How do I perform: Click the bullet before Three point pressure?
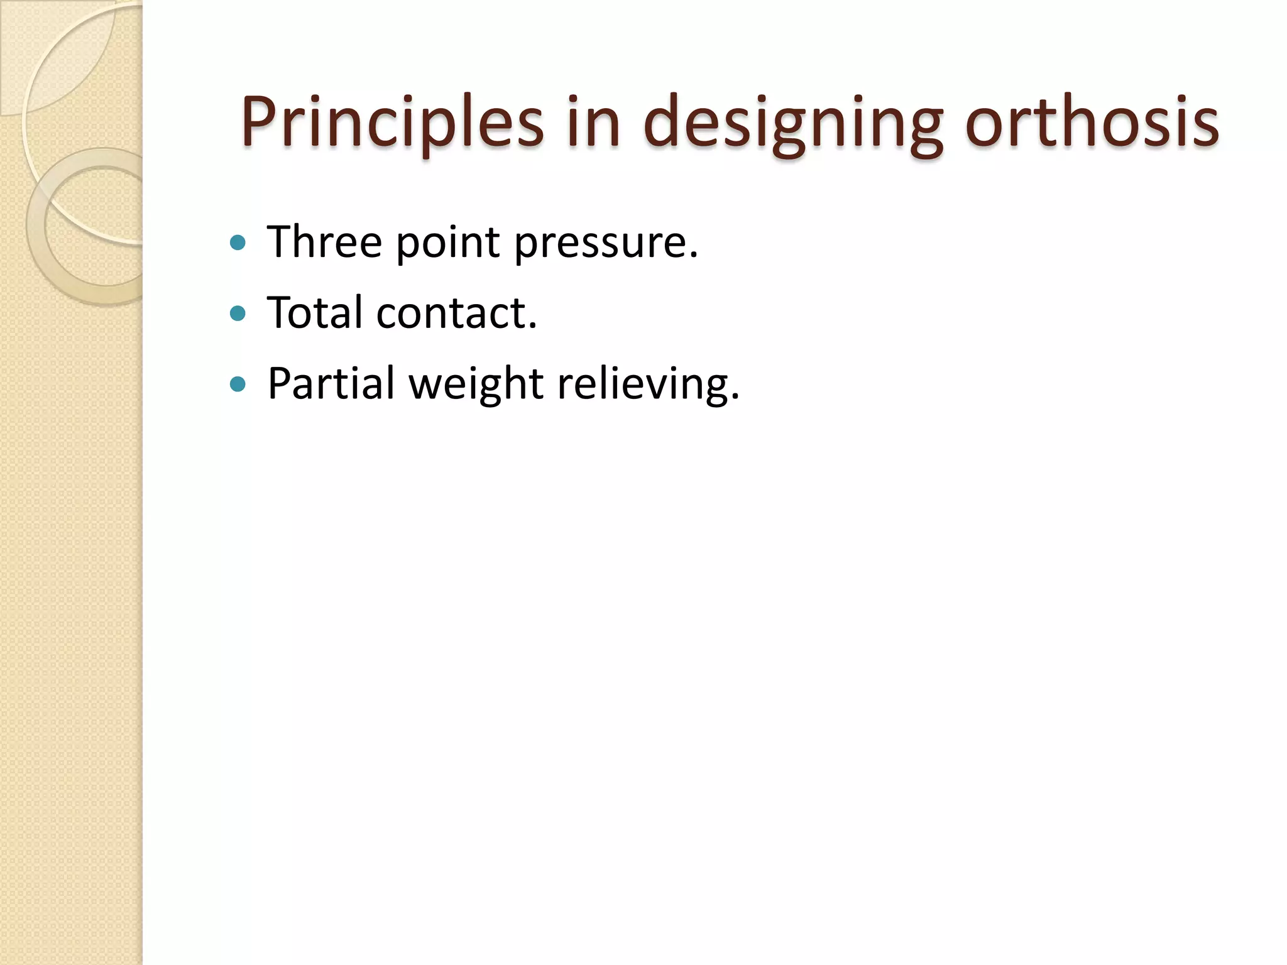pos(238,243)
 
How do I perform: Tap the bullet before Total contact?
pos(238,313)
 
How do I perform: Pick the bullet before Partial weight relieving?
pos(238,384)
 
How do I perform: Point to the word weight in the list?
pos(476,384)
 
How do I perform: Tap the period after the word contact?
pos(533,326)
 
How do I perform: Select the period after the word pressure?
pos(693,256)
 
